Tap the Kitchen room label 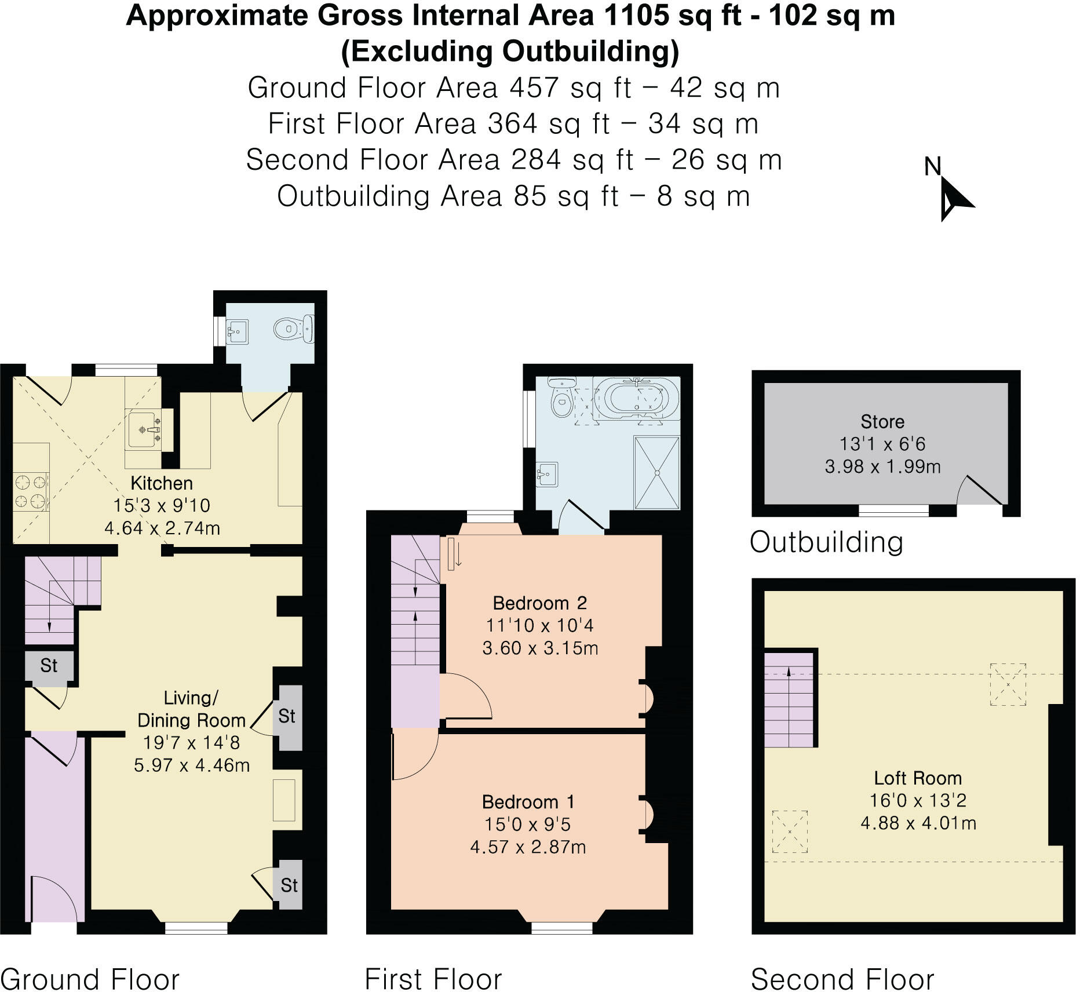[x=161, y=483]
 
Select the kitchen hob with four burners [x=31, y=492]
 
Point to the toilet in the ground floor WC [x=286, y=329]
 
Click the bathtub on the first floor [x=636, y=397]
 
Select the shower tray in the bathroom [x=657, y=472]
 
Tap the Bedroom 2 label [x=539, y=603]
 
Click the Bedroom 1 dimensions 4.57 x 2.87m [x=528, y=847]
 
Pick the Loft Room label [x=918, y=778]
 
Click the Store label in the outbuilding [x=882, y=421]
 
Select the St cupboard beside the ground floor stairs [x=49, y=665]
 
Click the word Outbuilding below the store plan [x=826, y=542]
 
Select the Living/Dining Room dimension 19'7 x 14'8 [x=191, y=742]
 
